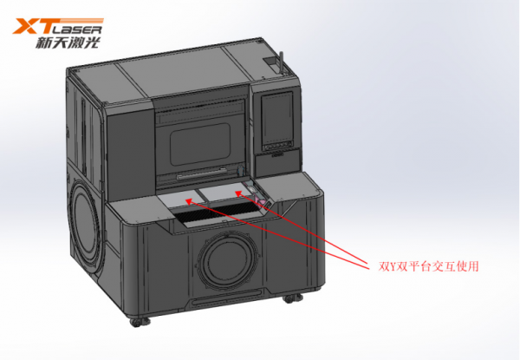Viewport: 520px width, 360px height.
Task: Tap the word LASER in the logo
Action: pos(76,29)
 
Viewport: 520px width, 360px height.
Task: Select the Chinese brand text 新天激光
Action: pos(68,43)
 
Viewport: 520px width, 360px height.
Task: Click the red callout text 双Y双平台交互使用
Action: pos(428,266)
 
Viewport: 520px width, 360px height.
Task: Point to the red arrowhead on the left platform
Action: pos(188,200)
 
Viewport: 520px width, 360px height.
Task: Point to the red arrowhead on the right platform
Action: pos(238,193)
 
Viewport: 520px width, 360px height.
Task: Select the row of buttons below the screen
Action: pos(277,146)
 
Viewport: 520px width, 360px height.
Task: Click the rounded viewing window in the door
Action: pos(200,144)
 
